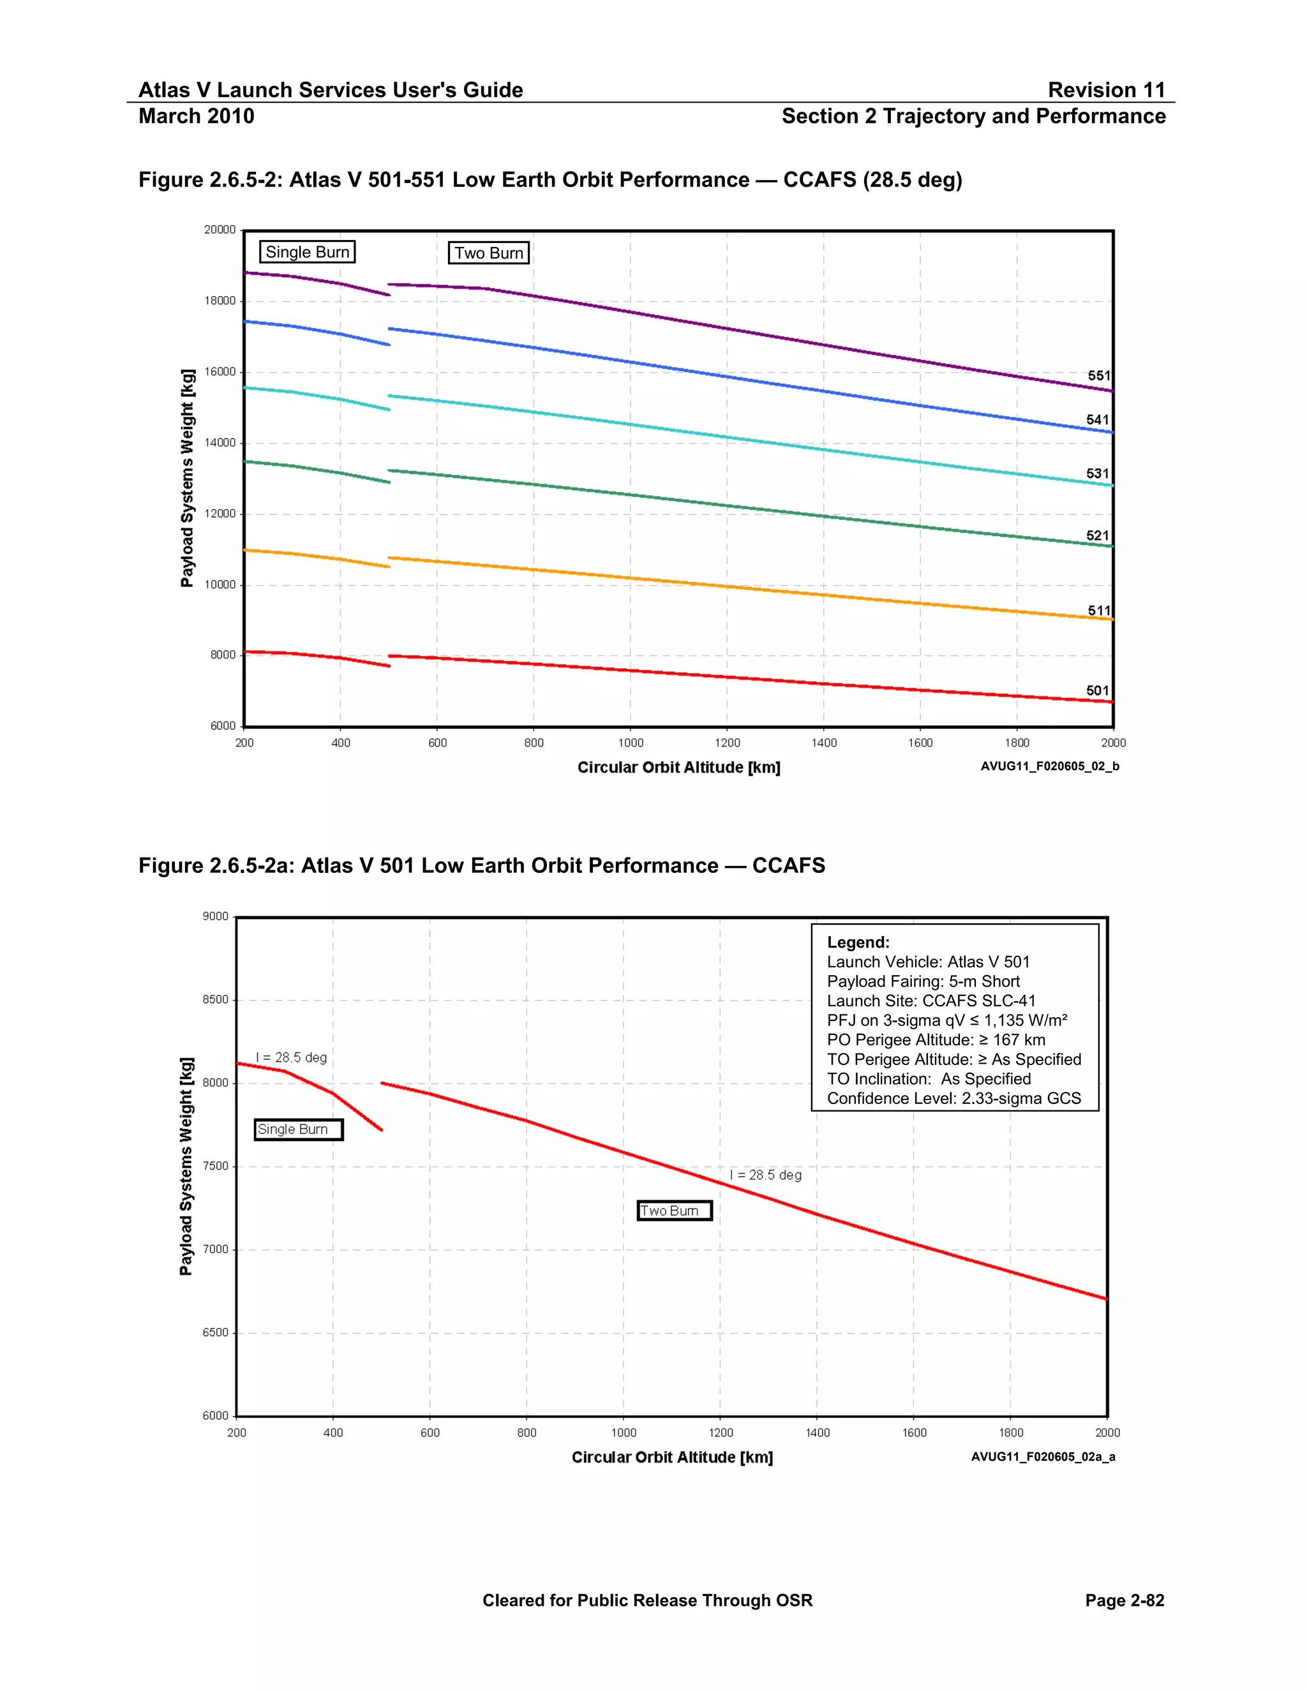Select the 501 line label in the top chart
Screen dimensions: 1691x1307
(x=1097, y=690)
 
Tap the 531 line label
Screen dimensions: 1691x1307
(x=1097, y=474)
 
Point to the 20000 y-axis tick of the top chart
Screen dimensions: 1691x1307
(x=220, y=230)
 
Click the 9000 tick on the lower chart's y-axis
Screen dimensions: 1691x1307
(x=216, y=917)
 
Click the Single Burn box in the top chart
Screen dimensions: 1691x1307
(x=308, y=253)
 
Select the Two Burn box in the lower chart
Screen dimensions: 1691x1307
(x=674, y=1211)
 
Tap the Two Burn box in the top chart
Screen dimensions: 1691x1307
(x=489, y=253)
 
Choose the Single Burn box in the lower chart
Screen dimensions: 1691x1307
(x=298, y=1129)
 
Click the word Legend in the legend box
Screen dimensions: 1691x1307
(x=858, y=942)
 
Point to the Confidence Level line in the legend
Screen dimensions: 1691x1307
(x=953, y=1099)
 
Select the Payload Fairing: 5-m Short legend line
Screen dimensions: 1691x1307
(x=923, y=982)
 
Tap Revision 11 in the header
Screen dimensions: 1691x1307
(x=1106, y=91)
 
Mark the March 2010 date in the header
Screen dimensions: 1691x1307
(x=197, y=116)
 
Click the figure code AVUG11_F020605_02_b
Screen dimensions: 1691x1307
(x=1049, y=766)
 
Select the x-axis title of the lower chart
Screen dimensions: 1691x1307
(x=672, y=1457)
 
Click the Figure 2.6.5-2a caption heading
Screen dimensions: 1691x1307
(x=482, y=866)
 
